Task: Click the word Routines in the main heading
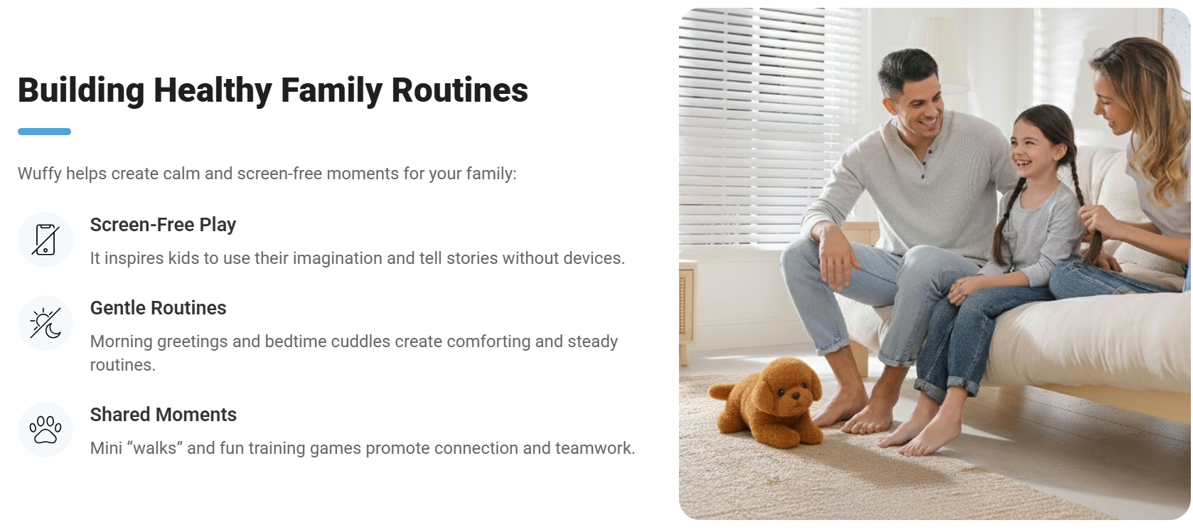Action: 459,90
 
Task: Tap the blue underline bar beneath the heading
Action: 44,132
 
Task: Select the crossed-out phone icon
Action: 46,240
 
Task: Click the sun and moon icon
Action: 46,323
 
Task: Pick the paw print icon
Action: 46,429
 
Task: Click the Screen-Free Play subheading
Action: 163,226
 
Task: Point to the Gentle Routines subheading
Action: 158,308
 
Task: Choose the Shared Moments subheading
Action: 163,415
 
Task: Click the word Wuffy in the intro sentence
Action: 39,174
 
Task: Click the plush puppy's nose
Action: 795,396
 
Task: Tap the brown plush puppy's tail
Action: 721,392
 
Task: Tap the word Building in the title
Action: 81,90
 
